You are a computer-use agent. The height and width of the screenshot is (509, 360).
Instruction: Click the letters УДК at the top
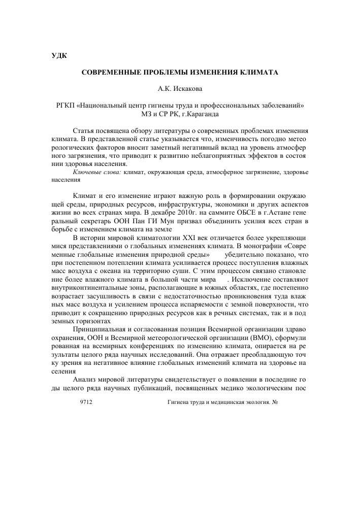59,55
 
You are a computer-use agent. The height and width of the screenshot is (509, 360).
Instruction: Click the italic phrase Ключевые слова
96,173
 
